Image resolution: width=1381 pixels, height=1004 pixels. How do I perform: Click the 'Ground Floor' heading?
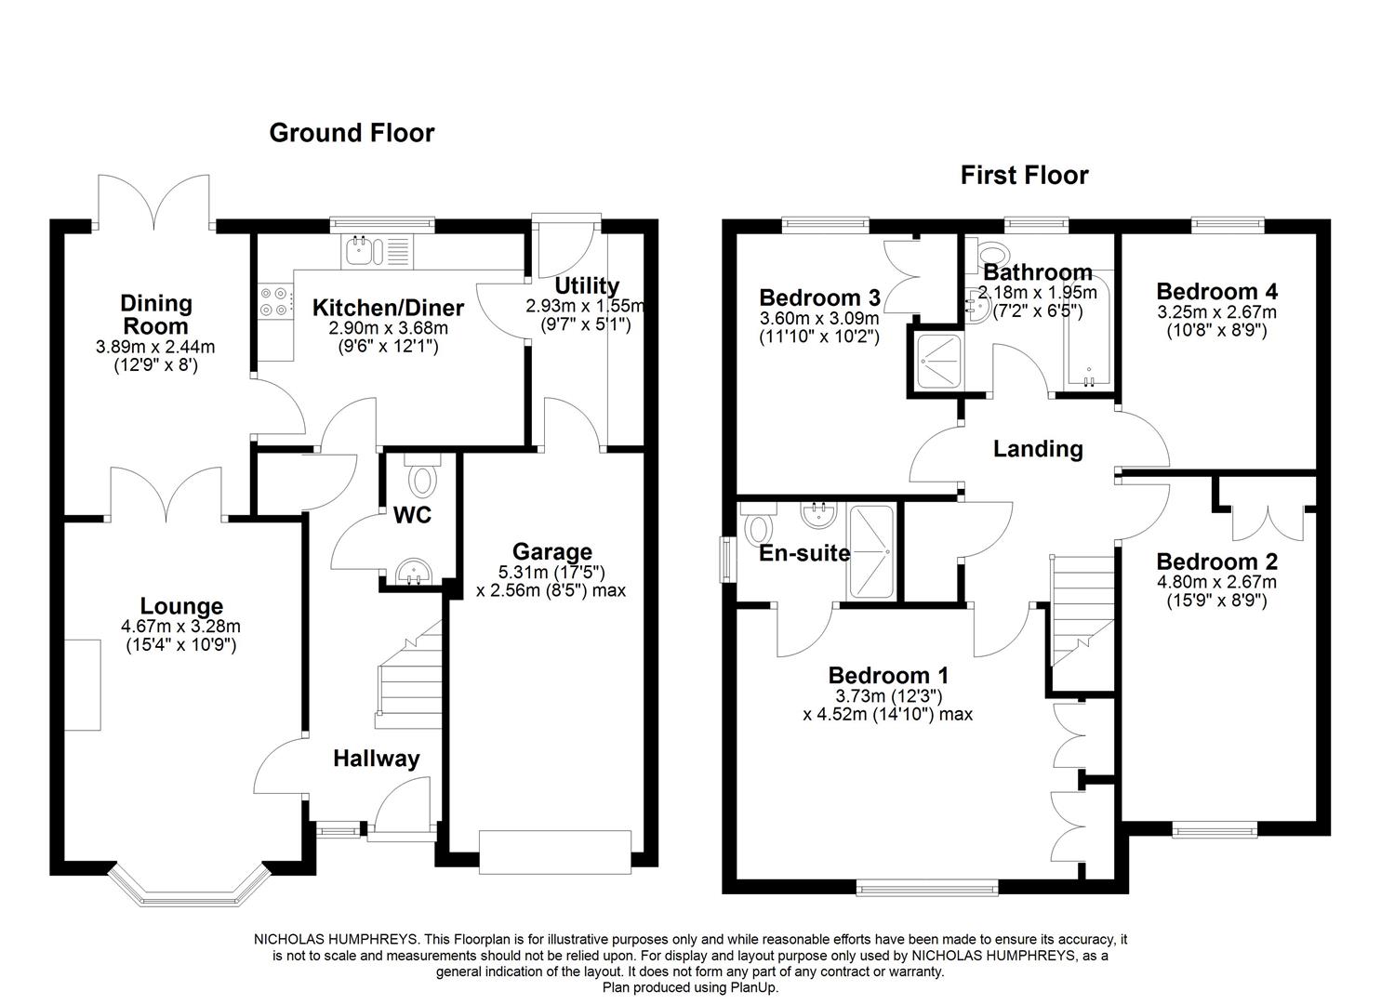(352, 133)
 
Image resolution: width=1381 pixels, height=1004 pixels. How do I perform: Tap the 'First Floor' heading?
(1024, 175)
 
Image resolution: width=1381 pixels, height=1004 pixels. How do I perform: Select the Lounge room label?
(181, 607)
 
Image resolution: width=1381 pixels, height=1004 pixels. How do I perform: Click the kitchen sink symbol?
(359, 248)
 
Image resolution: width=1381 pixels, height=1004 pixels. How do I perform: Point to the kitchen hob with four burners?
(274, 300)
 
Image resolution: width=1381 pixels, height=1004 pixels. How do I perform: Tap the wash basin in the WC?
(412, 572)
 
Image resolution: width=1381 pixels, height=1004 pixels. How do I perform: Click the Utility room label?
(586, 285)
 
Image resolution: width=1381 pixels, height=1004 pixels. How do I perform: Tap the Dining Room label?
(155, 314)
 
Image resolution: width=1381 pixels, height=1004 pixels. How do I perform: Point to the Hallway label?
(376, 759)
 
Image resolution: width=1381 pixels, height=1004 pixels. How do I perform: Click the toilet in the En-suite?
(757, 526)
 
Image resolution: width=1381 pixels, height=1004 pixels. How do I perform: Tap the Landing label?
(1038, 449)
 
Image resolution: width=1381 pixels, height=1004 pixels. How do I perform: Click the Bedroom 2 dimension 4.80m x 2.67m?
(1216, 583)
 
